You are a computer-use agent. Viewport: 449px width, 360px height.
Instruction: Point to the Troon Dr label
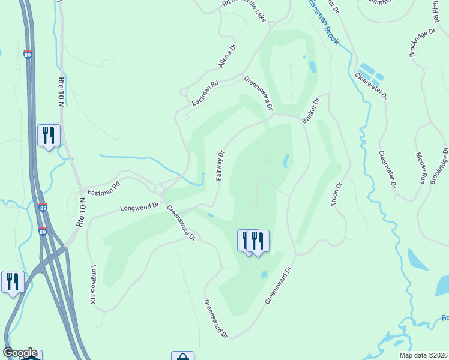[x=337, y=195]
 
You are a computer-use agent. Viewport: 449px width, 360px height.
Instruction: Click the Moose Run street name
[x=421, y=168]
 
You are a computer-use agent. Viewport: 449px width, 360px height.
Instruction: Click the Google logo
[x=20, y=353]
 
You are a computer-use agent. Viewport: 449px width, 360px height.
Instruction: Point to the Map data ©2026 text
[x=423, y=355]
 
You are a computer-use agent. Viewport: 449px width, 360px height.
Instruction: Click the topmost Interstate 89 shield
[x=28, y=54]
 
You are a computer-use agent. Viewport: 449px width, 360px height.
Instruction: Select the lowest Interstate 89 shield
[x=43, y=232]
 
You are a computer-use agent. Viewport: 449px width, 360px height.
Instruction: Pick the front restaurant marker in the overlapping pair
[x=258, y=241]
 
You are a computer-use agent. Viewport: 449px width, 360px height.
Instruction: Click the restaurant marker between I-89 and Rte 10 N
[x=49, y=134]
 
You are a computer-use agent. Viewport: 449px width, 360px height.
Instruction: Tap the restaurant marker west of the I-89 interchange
[x=13, y=281]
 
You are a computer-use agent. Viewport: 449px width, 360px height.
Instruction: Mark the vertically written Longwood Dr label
[x=94, y=285]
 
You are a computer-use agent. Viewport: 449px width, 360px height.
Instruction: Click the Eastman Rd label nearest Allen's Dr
[x=205, y=94]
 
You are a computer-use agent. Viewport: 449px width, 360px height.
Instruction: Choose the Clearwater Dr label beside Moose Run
[x=388, y=169]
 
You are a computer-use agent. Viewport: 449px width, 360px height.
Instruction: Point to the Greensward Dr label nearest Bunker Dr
[x=259, y=92]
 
